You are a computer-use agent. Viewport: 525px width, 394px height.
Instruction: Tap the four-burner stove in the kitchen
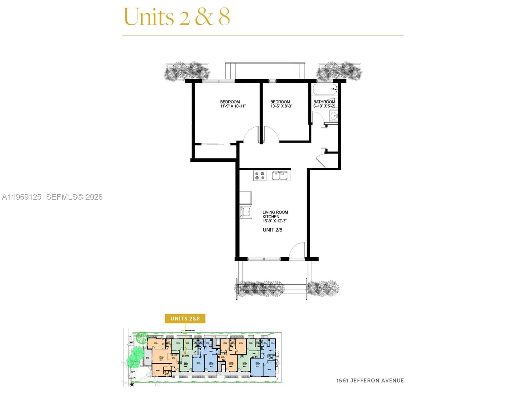click(260, 175)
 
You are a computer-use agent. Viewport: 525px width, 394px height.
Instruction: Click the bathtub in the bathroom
click(325, 89)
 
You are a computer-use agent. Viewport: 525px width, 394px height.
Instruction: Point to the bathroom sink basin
click(334, 116)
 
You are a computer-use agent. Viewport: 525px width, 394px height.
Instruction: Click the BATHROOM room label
click(324, 102)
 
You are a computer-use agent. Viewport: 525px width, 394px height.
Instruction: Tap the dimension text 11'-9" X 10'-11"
click(233, 106)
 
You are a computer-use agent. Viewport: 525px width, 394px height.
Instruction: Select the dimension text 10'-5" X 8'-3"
click(281, 106)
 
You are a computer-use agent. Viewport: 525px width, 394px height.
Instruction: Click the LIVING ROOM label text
click(275, 212)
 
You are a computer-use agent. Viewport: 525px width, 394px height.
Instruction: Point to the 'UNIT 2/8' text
click(272, 230)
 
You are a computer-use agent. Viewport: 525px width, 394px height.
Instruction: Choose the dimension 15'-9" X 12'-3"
click(274, 221)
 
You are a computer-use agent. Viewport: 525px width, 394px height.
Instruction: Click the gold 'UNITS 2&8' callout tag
click(185, 318)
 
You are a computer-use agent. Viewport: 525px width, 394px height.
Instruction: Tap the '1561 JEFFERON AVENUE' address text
click(370, 381)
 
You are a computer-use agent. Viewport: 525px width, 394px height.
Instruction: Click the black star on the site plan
click(132, 384)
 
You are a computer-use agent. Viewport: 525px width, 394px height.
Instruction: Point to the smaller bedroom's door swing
click(271, 134)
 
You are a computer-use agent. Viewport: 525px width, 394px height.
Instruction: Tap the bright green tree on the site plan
click(135, 358)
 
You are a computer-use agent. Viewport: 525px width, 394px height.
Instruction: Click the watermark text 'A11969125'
click(22, 197)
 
